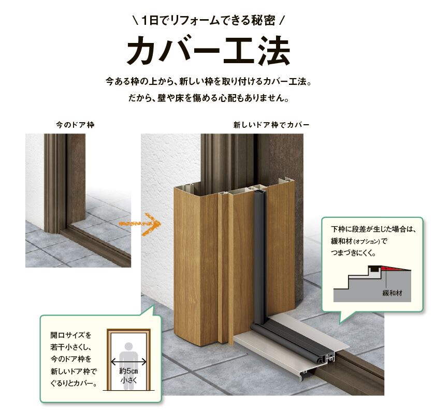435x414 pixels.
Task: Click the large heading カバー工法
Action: click(x=209, y=50)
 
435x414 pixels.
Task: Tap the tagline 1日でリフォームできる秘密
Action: click(x=209, y=21)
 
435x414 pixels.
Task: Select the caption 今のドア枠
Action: click(x=75, y=125)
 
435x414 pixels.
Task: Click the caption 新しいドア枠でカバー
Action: click(x=271, y=125)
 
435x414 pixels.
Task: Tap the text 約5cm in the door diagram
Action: click(x=128, y=371)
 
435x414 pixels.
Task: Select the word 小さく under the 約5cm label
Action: click(x=128, y=380)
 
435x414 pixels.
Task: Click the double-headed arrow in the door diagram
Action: click(x=128, y=363)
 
